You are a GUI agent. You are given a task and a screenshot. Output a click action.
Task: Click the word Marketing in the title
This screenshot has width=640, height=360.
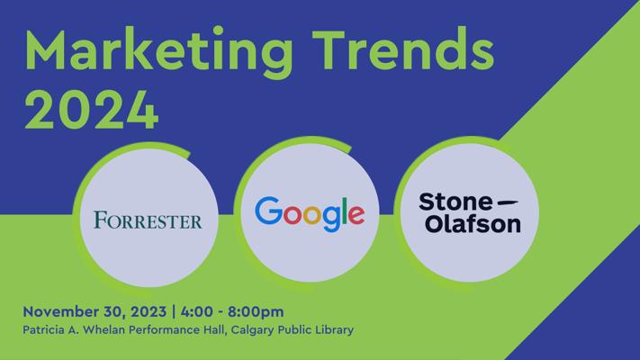(x=158, y=51)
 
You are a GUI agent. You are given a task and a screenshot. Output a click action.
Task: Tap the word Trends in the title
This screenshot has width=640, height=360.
(x=404, y=49)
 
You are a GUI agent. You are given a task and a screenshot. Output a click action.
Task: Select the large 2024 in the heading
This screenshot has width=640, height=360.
(x=92, y=110)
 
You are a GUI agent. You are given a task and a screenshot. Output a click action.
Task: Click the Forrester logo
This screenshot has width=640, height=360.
(x=148, y=220)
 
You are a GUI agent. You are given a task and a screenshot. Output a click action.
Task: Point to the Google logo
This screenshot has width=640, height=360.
(x=310, y=214)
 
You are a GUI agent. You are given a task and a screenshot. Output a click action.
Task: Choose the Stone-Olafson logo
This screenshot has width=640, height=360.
(x=469, y=213)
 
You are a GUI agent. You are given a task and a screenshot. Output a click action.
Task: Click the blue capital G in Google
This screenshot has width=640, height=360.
(x=269, y=211)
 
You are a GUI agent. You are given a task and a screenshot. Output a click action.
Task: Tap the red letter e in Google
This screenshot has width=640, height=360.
(x=356, y=215)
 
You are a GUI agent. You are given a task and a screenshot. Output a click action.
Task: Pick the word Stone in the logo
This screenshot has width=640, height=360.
(x=455, y=202)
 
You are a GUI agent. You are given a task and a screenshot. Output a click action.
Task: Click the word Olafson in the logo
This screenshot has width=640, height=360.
(x=473, y=224)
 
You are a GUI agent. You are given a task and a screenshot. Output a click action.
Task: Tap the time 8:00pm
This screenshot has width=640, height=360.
(x=256, y=311)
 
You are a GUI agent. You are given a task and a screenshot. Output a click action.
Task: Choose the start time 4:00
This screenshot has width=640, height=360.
(x=197, y=311)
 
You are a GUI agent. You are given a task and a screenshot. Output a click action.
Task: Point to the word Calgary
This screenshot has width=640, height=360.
(x=253, y=330)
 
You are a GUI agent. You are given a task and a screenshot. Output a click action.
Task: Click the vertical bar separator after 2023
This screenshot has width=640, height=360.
(x=174, y=311)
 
